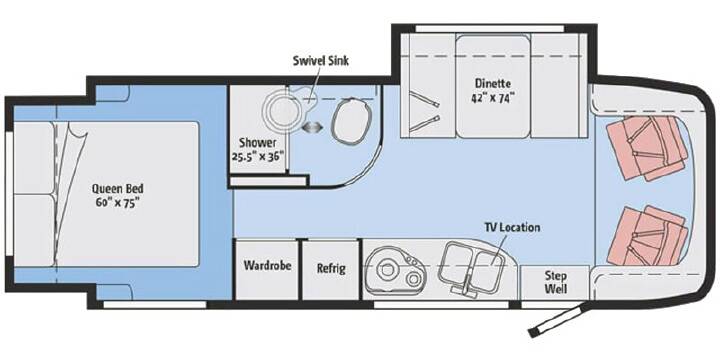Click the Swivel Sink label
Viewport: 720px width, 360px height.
tap(321, 61)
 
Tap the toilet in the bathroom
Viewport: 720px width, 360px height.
tap(351, 121)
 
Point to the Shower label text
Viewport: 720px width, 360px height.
tap(257, 143)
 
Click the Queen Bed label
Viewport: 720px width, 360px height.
tap(117, 189)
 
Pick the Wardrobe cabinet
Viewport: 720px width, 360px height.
tap(267, 269)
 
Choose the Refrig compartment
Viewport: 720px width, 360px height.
tap(331, 269)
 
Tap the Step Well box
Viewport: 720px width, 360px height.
tap(555, 282)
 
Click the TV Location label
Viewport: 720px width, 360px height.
tap(512, 228)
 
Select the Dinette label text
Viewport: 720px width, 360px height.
tap(493, 84)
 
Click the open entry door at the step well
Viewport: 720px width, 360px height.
tap(557, 319)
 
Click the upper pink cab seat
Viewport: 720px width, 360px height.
tap(647, 147)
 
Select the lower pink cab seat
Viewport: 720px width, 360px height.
tap(647, 236)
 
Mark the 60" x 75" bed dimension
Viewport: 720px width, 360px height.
tap(118, 203)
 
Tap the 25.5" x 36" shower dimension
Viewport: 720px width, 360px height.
tap(258, 157)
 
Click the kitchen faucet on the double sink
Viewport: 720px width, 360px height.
tap(466, 286)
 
